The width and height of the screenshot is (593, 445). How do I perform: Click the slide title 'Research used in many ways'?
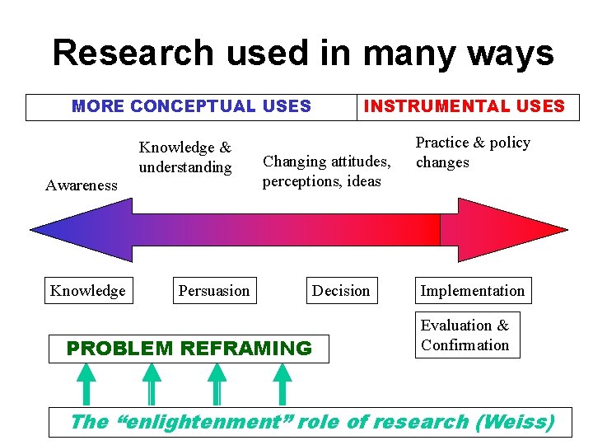tap(303, 54)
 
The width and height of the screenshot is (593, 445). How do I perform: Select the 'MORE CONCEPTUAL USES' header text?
tap(191, 106)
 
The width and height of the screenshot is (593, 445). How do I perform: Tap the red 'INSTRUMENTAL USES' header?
tap(465, 106)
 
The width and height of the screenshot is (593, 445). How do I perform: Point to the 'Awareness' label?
tap(82, 185)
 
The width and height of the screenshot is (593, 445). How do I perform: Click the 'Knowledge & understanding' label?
tap(185, 157)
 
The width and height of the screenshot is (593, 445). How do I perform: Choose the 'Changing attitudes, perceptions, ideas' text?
tap(325, 171)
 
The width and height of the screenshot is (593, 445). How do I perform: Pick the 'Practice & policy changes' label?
tap(472, 152)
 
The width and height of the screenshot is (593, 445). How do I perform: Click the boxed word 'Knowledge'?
tap(88, 291)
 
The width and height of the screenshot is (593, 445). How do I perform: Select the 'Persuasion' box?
tap(214, 291)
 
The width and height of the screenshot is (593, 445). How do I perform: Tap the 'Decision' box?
tap(341, 291)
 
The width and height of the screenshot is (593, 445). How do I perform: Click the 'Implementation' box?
tap(472, 291)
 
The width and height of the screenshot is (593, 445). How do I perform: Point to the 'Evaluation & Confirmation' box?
tap(465, 335)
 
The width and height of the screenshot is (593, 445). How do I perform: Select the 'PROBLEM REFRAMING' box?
tap(189, 349)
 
